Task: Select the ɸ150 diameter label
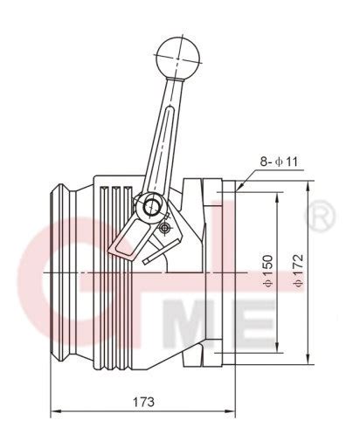[267, 270]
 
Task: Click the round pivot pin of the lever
[152, 207]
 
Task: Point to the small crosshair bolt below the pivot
[165, 228]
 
